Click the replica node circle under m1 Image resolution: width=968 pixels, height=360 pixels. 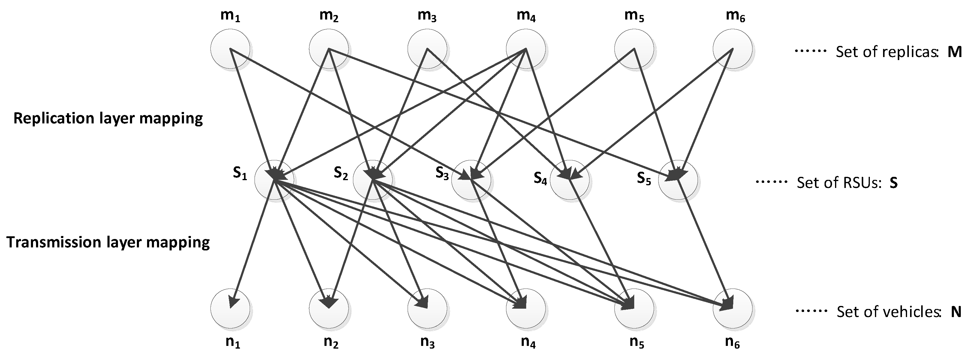pyautogui.click(x=230, y=49)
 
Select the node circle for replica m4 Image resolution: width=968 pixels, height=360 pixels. pyautogui.click(x=526, y=49)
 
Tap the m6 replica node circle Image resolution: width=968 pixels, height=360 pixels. pyautogui.click(x=732, y=49)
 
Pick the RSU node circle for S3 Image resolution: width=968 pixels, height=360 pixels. pyautogui.click(x=471, y=181)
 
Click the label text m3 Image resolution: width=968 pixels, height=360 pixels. pyautogui.click(x=427, y=17)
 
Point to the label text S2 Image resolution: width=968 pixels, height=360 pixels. pyautogui.click(x=341, y=173)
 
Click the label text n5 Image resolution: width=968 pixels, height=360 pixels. pyautogui.click(x=634, y=342)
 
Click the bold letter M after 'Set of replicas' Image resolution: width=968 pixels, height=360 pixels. pyautogui.click(x=954, y=52)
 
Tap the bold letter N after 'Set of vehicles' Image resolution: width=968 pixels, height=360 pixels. pyautogui.click(x=956, y=312)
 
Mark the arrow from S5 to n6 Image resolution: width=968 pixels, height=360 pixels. pyautogui.click(x=704, y=242)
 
